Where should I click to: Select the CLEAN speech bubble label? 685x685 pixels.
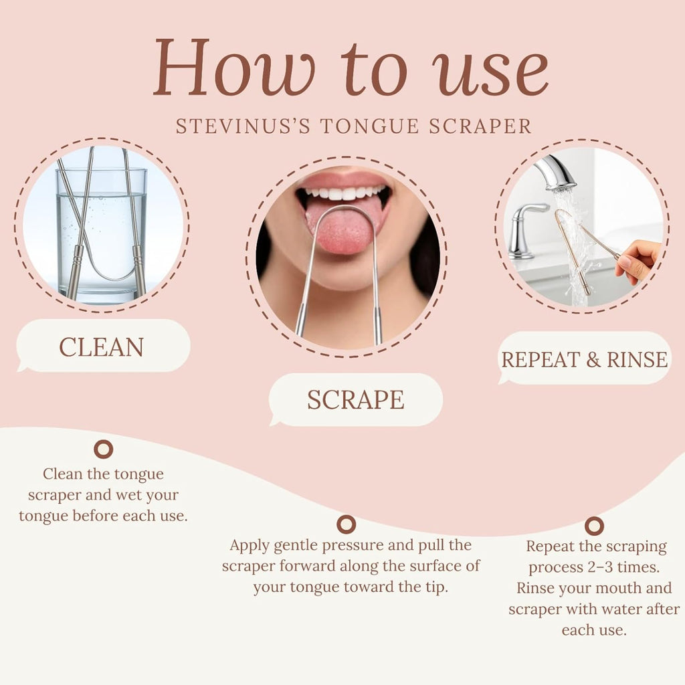[102, 347]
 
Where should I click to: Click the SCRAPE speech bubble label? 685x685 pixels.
[355, 399]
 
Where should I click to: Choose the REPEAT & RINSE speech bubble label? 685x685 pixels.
[585, 359]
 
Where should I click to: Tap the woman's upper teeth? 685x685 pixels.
[343, 193]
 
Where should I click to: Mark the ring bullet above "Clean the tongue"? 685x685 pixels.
[103, 449]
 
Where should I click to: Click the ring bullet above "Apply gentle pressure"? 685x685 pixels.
[346, 524]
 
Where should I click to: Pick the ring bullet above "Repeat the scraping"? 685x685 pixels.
[594, 526]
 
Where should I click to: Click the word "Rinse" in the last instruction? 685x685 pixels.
[539, 589]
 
